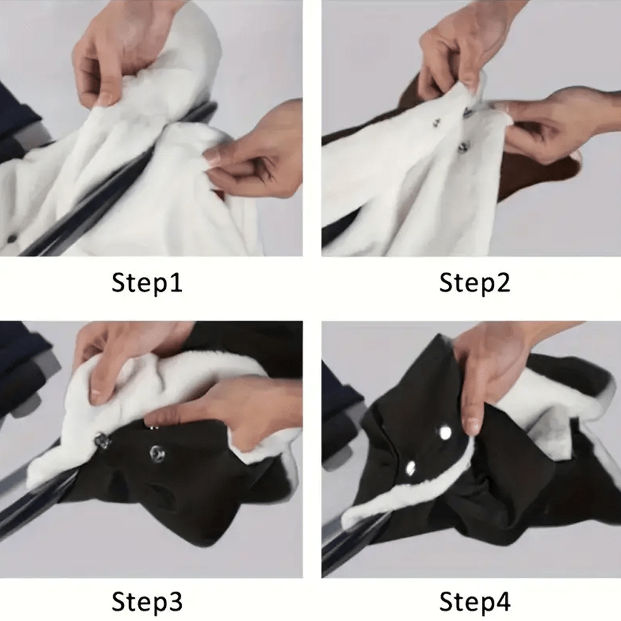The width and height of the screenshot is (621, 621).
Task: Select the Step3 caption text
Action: tap(147, 602)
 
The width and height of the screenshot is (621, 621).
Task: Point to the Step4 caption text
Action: tap(474, 602)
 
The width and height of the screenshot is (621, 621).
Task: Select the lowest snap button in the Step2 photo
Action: tap(463, 148)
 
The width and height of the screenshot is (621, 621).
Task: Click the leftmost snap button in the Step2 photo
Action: tap(437, 124)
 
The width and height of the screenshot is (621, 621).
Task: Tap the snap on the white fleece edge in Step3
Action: tap(102, 441)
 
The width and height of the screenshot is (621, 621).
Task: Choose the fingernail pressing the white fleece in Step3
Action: tap(96, 397)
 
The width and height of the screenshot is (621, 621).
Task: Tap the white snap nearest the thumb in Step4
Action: tap(445, 433)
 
